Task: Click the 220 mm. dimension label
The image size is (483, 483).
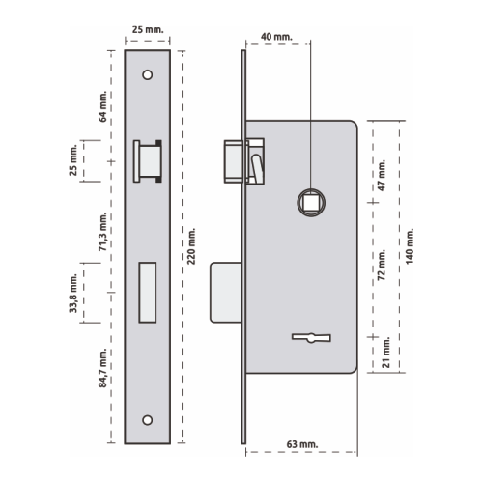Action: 191,246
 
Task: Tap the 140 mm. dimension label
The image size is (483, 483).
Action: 410,246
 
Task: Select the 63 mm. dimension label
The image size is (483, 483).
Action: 302,444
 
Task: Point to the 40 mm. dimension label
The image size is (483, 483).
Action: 276,37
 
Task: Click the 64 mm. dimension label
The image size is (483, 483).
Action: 102,106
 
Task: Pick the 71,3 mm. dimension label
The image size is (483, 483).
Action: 102,232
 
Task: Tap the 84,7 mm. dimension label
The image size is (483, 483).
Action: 102,368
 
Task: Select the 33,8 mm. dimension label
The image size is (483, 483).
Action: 73,294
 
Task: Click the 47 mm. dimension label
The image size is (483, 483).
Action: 382,175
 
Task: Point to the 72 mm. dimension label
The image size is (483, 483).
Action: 382,265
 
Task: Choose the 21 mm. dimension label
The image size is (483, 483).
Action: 385,353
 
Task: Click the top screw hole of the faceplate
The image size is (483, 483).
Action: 148,75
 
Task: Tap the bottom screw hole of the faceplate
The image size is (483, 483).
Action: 148,420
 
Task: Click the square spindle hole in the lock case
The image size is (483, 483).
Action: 311,203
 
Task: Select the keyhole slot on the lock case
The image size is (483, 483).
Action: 311,338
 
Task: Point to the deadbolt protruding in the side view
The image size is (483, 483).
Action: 226,293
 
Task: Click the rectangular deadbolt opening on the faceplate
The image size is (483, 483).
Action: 148,293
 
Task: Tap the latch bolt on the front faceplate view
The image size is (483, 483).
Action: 148,161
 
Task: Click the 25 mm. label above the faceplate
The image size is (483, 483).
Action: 148,29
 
